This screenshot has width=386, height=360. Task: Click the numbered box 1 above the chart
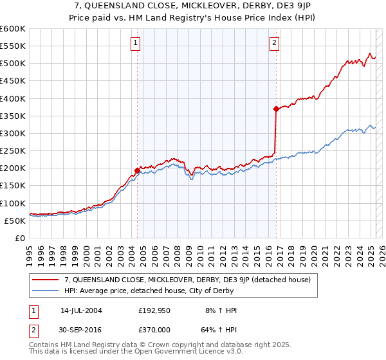(136, 44)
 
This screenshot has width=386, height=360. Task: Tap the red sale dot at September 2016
(276, 109)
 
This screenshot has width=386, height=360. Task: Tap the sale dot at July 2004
(137, 170)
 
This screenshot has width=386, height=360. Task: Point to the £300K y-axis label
(13, 133)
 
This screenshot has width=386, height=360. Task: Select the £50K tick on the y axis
(15, 221)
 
